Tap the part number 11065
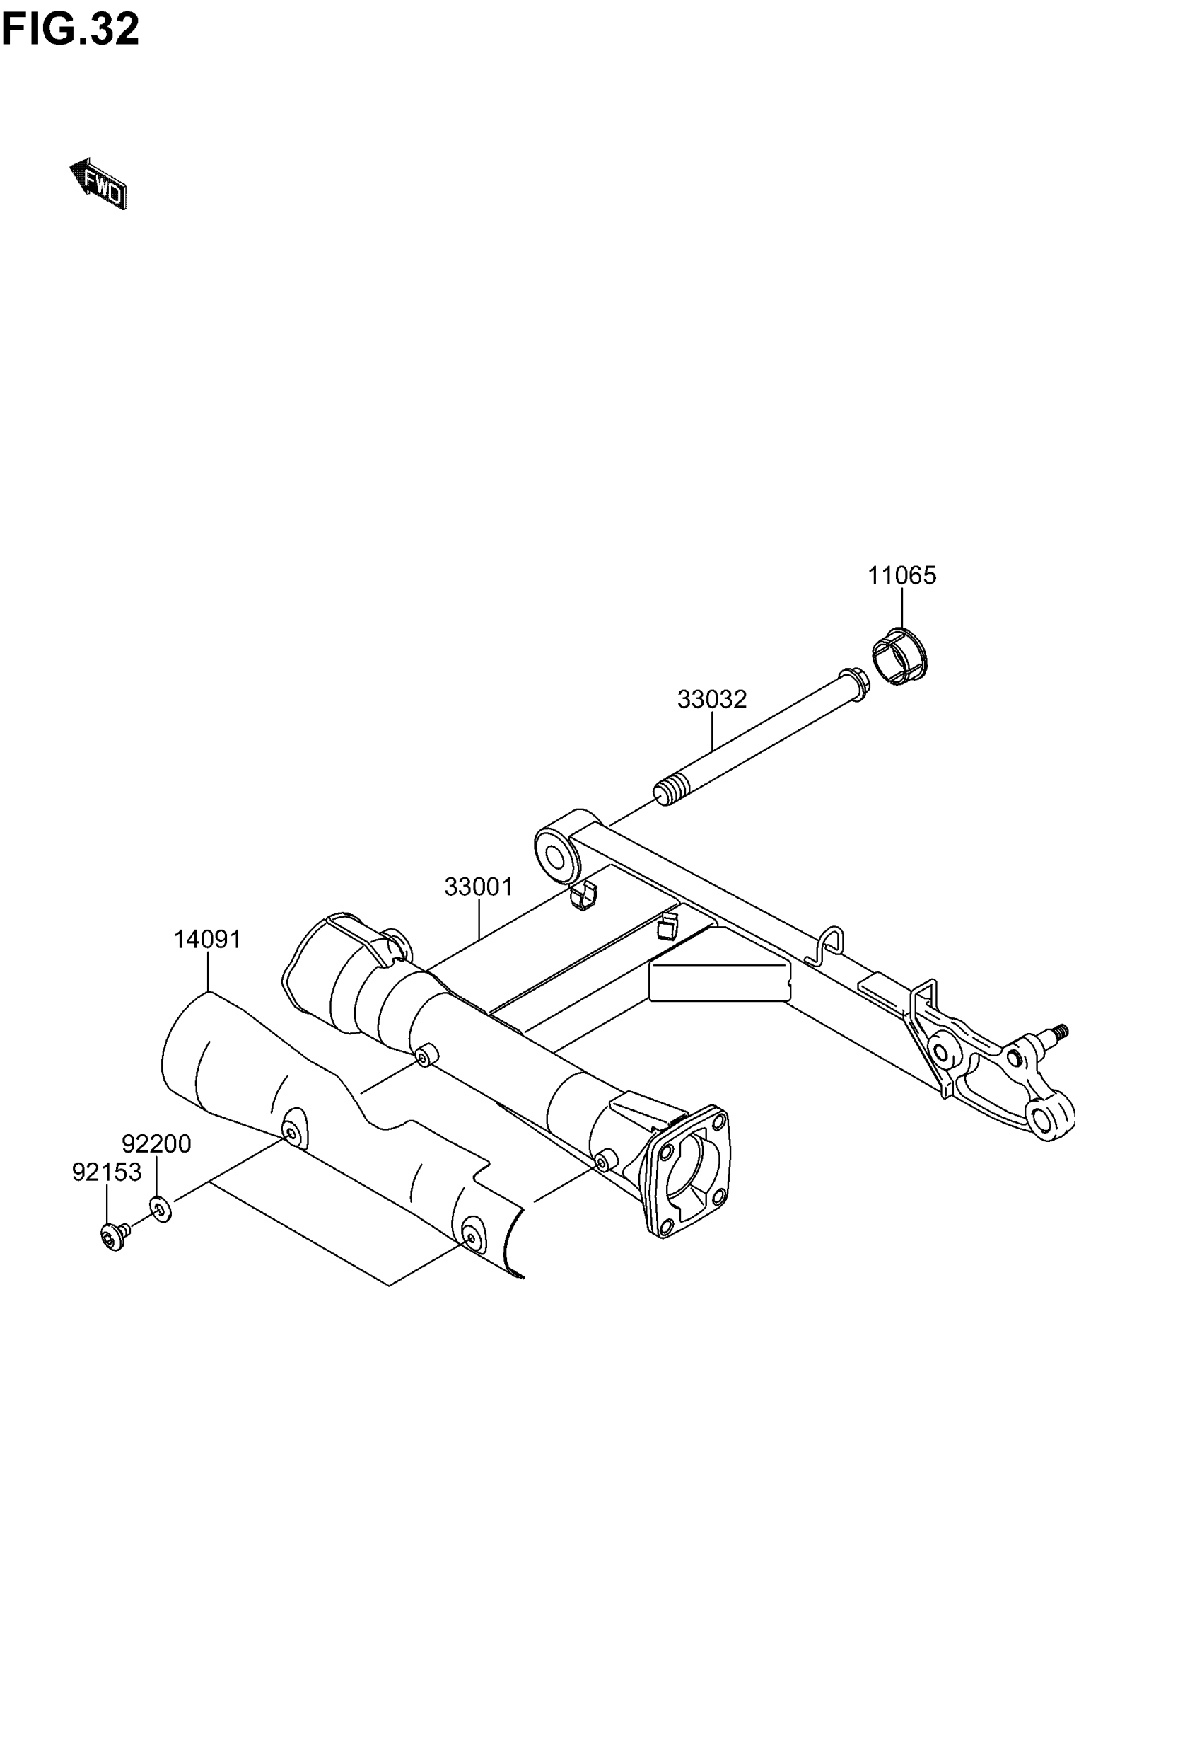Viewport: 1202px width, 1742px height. pyautogui.click(x=901, y=576)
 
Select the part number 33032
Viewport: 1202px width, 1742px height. pyautogui.click(x=712, y=699)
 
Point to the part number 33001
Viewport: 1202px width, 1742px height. pyautogui.click(x=478, y=887)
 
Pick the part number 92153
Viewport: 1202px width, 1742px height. pyautogui.click(x=106, y=1172)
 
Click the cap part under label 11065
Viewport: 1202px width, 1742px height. pyautogui.click(x=899, y=657)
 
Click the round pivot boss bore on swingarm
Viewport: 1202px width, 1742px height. pyautogui.click(x=558, y=858)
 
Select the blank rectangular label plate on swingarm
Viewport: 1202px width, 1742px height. pyautogui.click(x=719, y=983)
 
